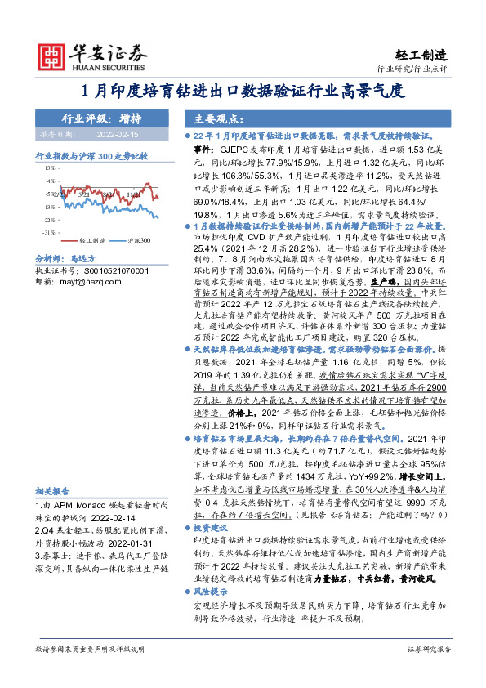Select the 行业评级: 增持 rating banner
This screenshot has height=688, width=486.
click(96, 117)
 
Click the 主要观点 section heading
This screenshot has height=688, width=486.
click(210, 117)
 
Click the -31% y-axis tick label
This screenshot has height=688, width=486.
click(48, 232)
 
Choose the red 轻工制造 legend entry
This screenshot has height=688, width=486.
click(87, 241)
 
